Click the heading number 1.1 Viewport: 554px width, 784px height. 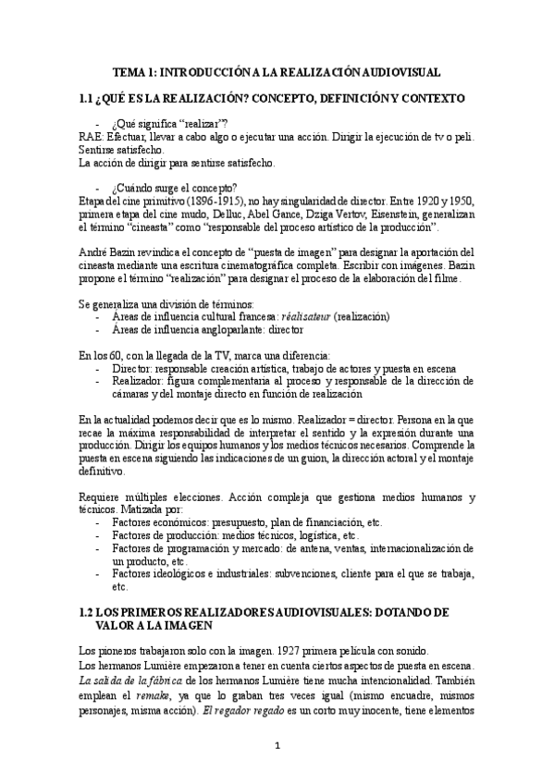pyautogui.click(x=89, y=97)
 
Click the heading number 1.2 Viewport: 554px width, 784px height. pyautogui.click(x=89, y=612)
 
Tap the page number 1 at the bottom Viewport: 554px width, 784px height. pyautogui.click(x=277, y=744)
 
